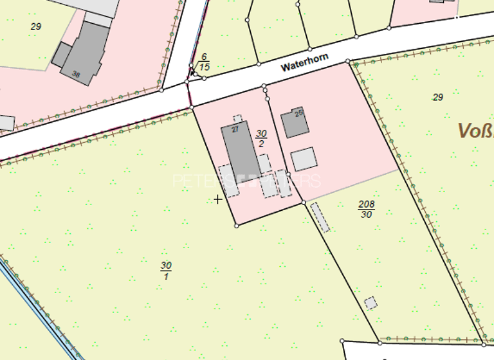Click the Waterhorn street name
(x=305, y=62)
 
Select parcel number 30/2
(x=261, y=138)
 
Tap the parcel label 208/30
(x=367, y=209)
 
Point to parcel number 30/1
(x=166, y=270)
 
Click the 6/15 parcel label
(x=205, y=61)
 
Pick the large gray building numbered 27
(x=241, y=150)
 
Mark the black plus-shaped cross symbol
(x=218, y=199)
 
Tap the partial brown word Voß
(x=475, y=131)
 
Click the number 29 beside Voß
(x=438, y=97)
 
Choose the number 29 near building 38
(x=35, y=26)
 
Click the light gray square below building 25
(x=304, y=159)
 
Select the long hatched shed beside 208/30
(x=320, y=217)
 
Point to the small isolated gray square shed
(x=370, y=303)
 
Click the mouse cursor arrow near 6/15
(x=192, y=71)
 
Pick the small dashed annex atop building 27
(x=237, y=119)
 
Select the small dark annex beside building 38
(x=61, y=55)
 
